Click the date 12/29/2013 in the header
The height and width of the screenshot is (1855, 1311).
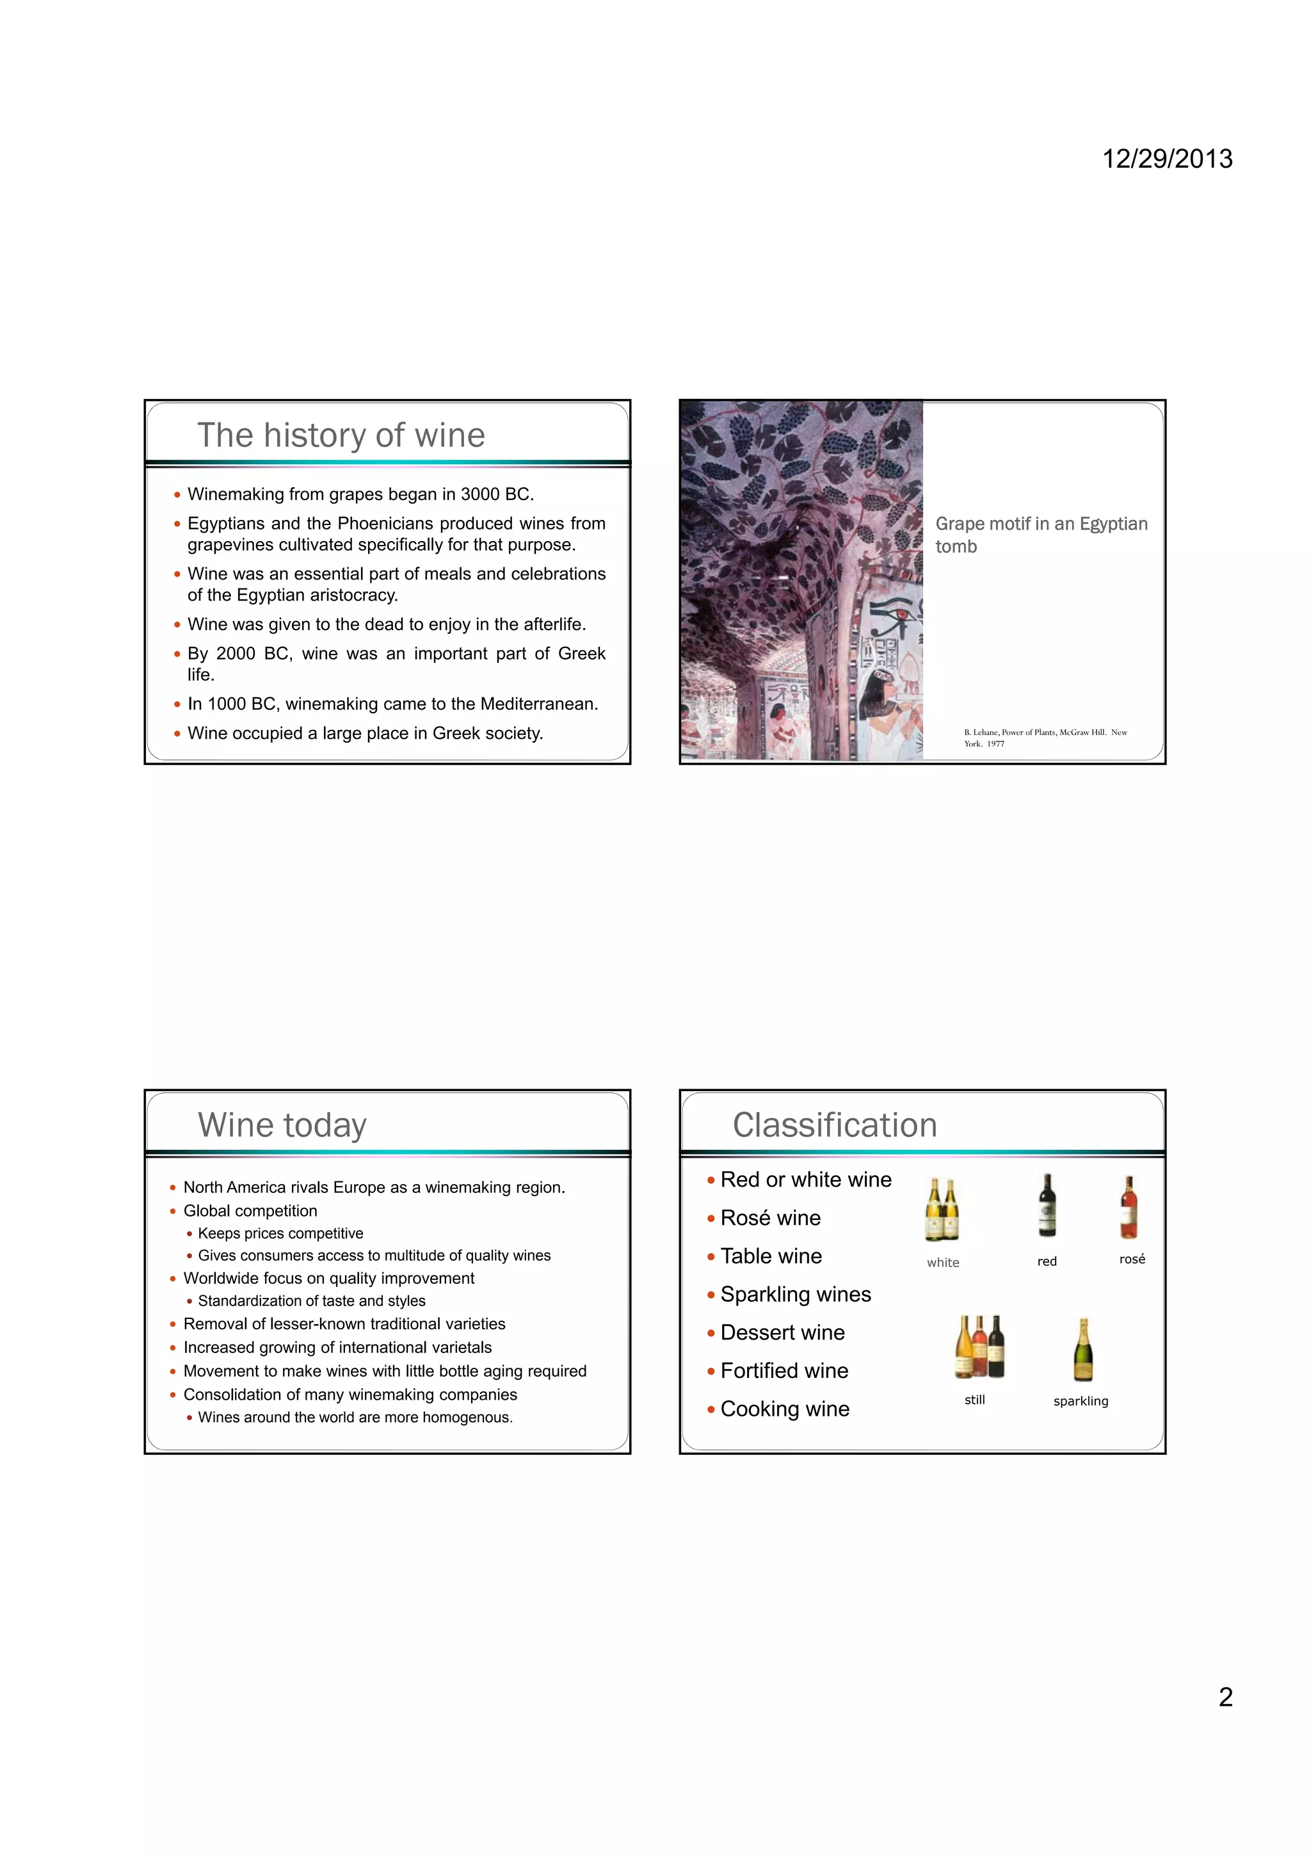(x=1166, y=158)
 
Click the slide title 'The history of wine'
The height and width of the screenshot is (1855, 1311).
(x=341, y=435)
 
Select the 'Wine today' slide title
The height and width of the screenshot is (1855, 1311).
(x=282, y=1124)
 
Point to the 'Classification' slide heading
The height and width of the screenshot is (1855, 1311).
(x=835, y=1124)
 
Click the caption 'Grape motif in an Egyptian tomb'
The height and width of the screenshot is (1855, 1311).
(x=1040, y=535)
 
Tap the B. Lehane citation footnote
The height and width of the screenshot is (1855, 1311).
(x=1045, y=738)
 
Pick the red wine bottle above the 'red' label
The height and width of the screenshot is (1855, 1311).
(x=1047, y=1206)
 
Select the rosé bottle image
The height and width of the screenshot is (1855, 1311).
(x=1129, y=1208)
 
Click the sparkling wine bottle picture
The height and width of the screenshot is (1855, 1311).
(x=1082, y=1350)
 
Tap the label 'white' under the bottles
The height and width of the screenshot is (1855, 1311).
(x=943, y=1263)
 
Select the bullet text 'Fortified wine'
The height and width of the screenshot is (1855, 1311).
(x=784, y=1370)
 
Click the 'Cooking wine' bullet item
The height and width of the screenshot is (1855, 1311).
(x=784, y=1409)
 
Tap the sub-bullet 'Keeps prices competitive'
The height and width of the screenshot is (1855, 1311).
(x=280, y=1234)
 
